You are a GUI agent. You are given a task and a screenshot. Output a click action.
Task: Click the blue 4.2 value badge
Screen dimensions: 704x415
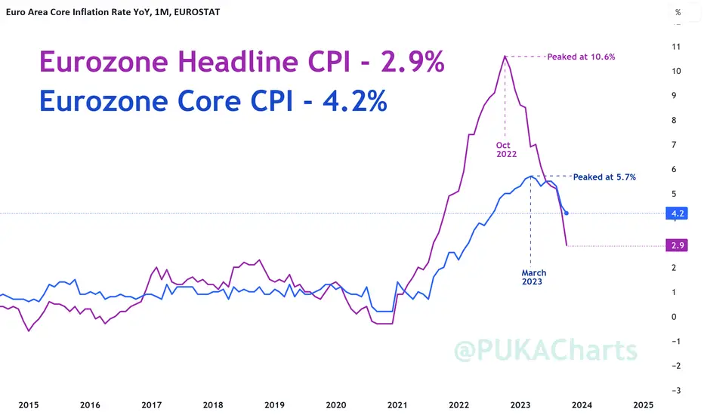point(677,213)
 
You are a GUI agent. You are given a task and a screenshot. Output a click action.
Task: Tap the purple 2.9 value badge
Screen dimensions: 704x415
point(677,245)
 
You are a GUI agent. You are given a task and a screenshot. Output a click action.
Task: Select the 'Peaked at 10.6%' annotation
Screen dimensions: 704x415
point(581,57)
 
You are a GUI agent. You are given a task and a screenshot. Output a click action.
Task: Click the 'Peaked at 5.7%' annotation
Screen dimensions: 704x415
point(604,177)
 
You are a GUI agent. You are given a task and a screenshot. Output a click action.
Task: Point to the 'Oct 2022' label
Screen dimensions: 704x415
point(506,149)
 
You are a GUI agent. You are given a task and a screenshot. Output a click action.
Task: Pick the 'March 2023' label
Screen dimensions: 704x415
point(533,277)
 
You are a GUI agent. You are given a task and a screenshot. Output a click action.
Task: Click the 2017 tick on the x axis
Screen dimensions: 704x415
point(151,405)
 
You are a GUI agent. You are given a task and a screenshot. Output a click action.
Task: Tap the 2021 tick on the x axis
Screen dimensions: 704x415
point(397,405)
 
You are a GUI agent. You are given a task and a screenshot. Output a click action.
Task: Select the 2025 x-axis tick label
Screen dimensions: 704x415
point(643,405)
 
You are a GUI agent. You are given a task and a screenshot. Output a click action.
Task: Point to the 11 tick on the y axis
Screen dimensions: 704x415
point(676,47)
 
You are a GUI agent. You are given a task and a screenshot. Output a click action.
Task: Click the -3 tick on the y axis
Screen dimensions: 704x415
point(676,390)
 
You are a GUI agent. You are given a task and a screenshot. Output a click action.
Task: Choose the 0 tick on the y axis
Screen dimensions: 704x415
point(674,317)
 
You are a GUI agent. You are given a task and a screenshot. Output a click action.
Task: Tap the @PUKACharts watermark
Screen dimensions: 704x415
point(545,350)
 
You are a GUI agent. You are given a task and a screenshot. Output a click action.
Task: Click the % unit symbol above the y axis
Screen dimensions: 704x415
point(678,13)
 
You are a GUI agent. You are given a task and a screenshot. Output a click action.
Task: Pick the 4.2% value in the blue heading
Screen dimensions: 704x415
point(355,101)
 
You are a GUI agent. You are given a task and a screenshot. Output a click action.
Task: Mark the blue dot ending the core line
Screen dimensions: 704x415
point(567,213)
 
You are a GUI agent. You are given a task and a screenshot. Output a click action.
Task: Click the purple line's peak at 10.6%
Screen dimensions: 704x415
point(505,56)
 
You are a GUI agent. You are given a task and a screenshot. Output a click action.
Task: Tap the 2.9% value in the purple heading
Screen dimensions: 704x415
point(412,61)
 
